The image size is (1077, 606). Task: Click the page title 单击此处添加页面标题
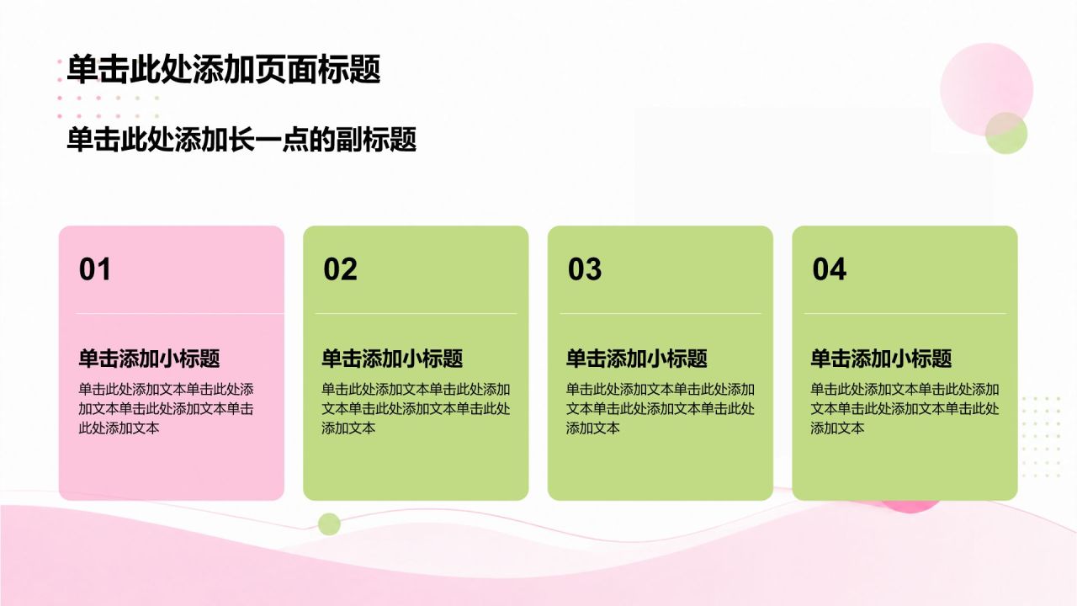[x=224, y=69]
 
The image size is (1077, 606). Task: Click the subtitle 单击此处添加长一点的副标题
[x=241, y=140]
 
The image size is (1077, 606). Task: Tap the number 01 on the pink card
[x=95, y=268]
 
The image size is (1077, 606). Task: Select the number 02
[x=341, y=268]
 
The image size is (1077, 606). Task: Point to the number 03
[x=585, y=268]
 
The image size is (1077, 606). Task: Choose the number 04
[x=830, y=268]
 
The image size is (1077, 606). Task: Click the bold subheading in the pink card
[x=149, y=359]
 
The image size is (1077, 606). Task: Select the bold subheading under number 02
[x=392, y=359]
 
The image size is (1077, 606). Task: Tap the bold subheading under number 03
[x=637, y=359]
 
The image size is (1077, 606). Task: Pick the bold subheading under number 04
[x=881, y=359]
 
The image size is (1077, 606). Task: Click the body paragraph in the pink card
[x=167, y=408]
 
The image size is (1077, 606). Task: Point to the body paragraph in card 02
[x=416, y=408]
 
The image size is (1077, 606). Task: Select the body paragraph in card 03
[x=661, y=408]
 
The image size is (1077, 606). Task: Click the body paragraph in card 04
[x=905, y=408]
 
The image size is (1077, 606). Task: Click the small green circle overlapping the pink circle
[x=1006, y=133]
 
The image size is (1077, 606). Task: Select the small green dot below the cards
[x=329, y=524]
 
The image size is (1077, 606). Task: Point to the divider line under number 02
[x=416, y=314]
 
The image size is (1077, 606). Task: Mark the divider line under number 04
[x=905, y=314]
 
